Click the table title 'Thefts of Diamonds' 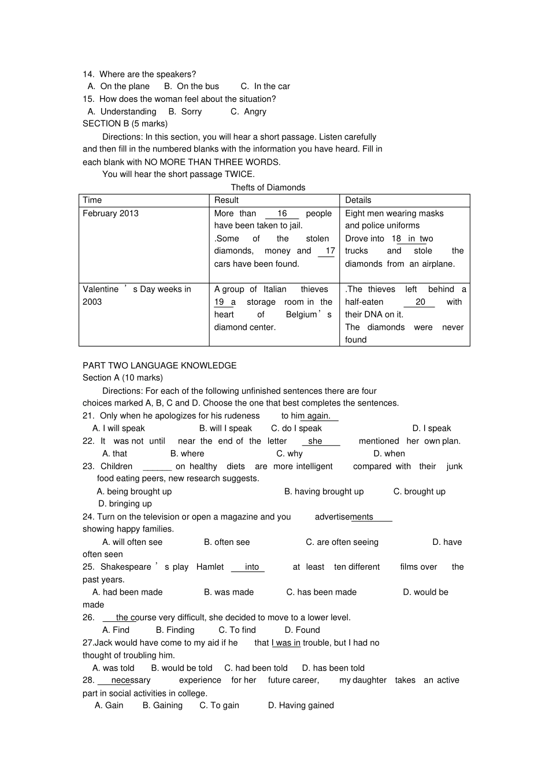click(x=268, y=187)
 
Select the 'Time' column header click(x=92, y=200)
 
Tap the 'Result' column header click(x=226, y=200)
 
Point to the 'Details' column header click(x=358, y=200)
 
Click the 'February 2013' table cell click(x=110, y=213)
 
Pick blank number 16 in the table click(x=282, y=213)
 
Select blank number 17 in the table click(x=329, y=251)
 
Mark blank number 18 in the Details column click(x=397, y=239)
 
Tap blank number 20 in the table click(x=420, y=302)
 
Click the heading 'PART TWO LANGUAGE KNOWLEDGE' click(x=159, y=366)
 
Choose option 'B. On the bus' click(x=191, y=86)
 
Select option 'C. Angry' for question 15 click(x=248, y=112)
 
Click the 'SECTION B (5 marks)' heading click(x=125, y=124)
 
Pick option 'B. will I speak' click(x=225, y=429)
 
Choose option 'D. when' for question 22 click(x=389, y=454)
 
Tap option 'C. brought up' click(x=419, y=492)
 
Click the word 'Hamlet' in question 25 click(x=210, y=567)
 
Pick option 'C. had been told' click(x=256, y=668)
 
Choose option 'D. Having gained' click(x=301, y=706)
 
